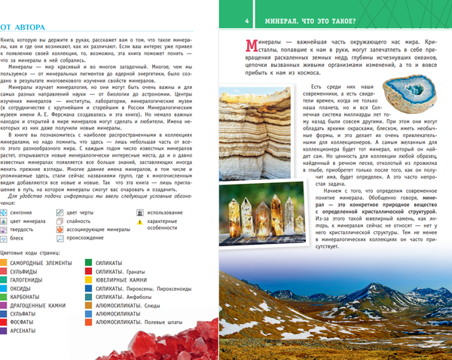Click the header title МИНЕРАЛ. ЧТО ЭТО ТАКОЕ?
coord(317,20)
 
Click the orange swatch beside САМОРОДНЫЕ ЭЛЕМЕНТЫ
coord(5,263)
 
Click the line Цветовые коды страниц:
coord(32,252)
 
